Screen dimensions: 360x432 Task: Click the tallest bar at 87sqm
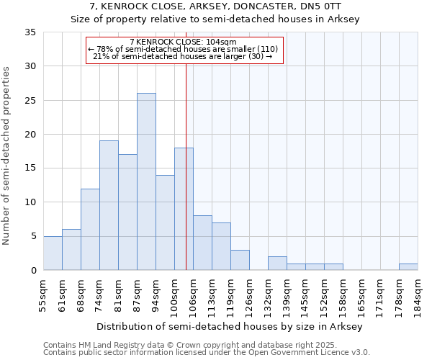146,181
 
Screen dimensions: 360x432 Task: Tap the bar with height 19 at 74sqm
109,205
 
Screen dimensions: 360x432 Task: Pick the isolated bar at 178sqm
408,266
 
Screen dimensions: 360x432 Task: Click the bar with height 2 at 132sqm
277,264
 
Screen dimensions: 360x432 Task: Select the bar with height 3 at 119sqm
240,260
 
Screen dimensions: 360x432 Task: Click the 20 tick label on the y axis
30,135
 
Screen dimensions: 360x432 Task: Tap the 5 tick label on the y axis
33,237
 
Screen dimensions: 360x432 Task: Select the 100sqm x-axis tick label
174,294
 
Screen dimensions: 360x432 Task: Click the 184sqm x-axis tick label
418,294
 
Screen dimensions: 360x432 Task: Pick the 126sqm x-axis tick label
249,294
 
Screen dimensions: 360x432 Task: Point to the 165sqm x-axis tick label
361,294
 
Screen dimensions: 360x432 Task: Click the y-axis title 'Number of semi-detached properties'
7,155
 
